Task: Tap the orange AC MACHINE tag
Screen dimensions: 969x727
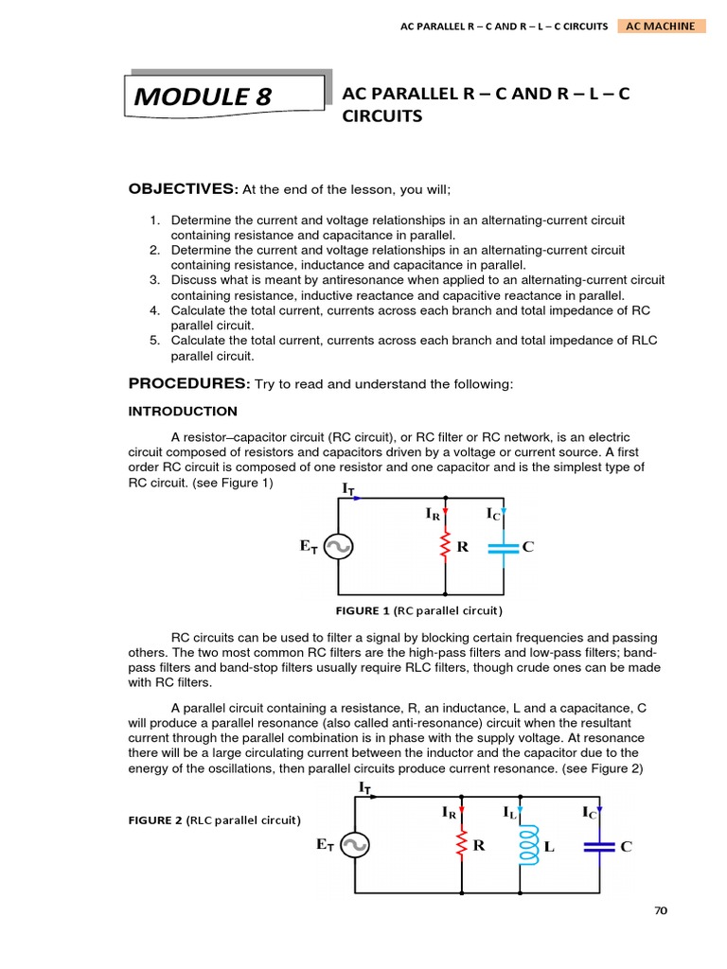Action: tap(661, 26)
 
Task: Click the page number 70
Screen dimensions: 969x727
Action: tap(660, 910)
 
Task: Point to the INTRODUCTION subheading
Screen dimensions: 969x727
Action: tap(183, 412)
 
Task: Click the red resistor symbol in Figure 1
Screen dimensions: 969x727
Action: tap(445, 547)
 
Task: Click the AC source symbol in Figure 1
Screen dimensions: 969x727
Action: tap(339, 547)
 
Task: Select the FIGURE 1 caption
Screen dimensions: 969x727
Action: tap(419, 610)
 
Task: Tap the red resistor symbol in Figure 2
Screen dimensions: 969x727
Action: tap(461, 845)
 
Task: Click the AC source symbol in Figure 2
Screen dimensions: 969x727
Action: tap(355, 845)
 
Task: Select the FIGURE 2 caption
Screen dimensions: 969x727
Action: tap(214, 819)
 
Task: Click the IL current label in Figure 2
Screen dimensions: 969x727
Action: tap(510, 813)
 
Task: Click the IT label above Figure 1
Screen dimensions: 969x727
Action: tap(349, 488)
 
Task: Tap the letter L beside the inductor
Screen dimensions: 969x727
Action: tap(549, 848)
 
